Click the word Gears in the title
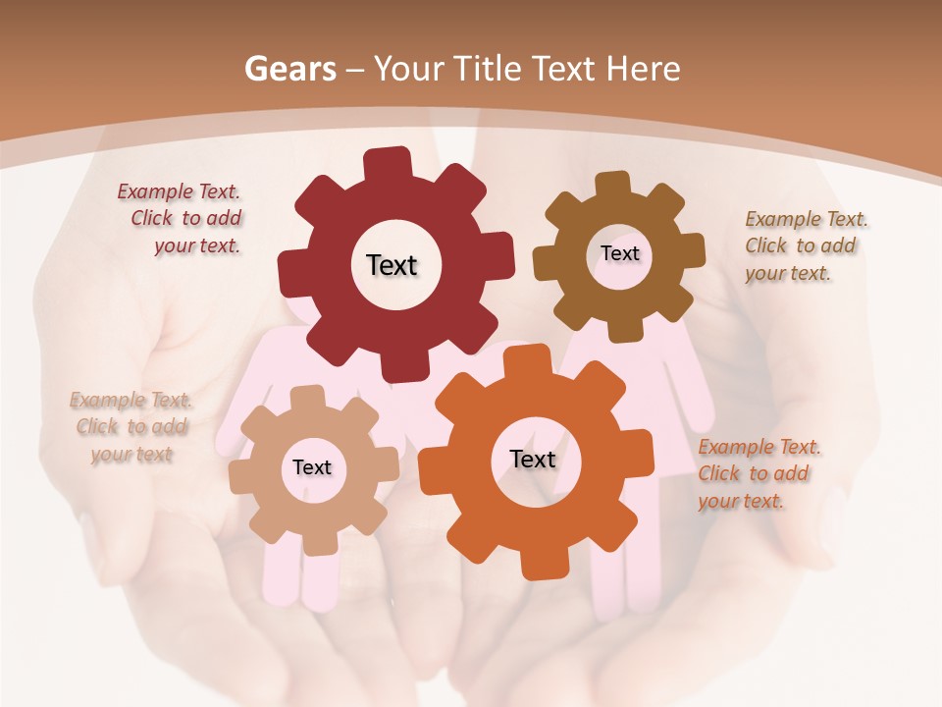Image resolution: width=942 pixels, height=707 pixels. [x=290, y=69]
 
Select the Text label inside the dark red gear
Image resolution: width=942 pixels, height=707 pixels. [x=392, y=265]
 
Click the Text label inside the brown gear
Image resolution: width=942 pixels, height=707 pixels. [x=619, y=253]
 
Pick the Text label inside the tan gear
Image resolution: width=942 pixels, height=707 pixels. [x=312, y=467]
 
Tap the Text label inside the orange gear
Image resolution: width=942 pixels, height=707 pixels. [x=533, y=459]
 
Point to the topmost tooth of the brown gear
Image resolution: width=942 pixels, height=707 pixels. [x=613, y=184]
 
